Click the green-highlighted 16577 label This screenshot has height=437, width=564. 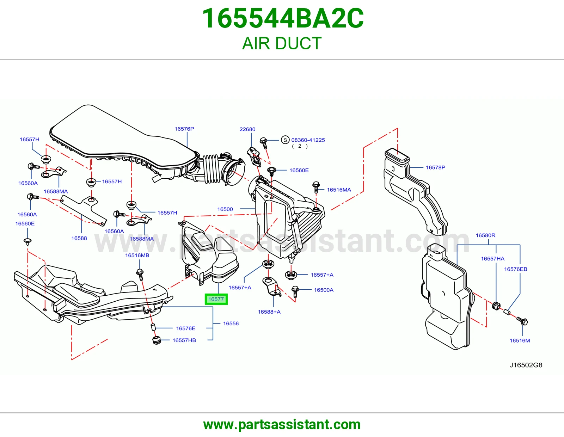coord(216,299)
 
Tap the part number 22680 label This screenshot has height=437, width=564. coord(247,129)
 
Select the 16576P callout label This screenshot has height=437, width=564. coord(184,129)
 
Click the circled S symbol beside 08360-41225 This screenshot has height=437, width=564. coord(285,140)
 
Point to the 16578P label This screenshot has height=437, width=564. coord(436,167)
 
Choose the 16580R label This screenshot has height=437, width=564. coord(485,235)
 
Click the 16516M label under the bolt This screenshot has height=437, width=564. coord(520,340)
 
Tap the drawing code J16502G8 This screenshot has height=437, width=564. coord(526,365)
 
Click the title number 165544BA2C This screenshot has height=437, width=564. coord(283,18)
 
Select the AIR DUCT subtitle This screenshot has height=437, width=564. coord(282,43)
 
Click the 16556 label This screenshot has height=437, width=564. coord(231,323)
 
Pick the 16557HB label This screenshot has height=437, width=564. coord(184,340)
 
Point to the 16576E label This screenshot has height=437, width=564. coord(186,328)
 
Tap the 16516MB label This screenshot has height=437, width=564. coord(137,256)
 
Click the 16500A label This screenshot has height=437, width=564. coord(324,290)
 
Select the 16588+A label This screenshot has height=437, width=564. coord(269,312)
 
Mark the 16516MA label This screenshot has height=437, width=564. coord(339,190)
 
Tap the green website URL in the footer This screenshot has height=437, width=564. coord(282,425)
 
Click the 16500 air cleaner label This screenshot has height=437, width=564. coord(225,209)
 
